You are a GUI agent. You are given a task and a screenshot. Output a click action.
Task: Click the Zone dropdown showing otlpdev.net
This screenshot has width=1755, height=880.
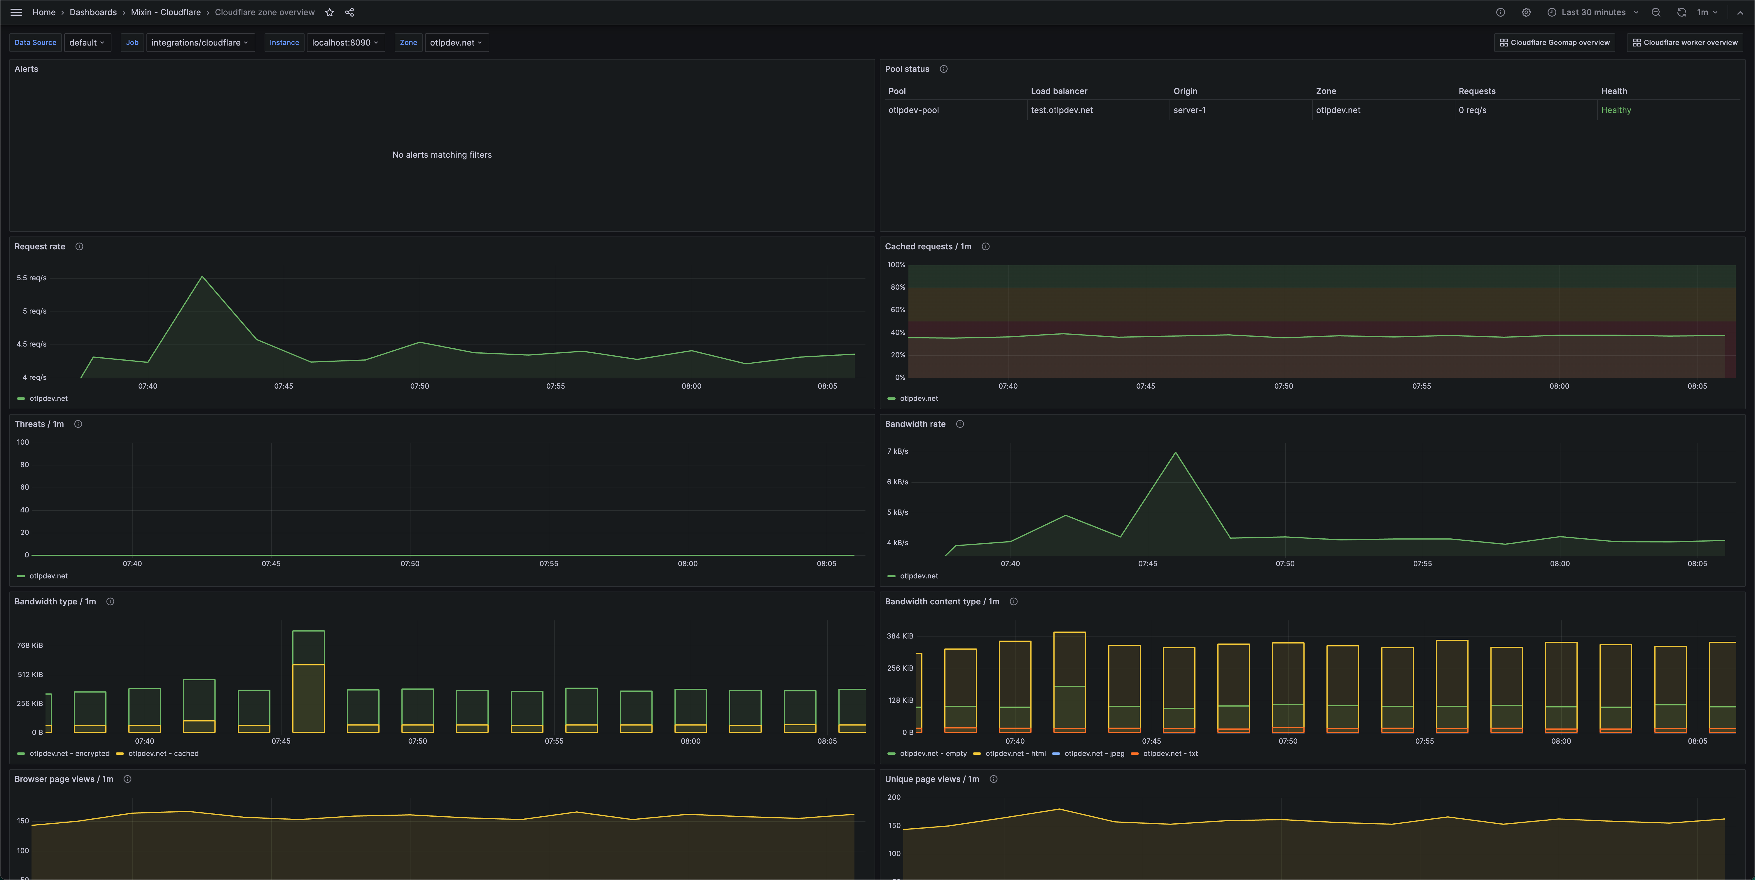[x=456, y=42]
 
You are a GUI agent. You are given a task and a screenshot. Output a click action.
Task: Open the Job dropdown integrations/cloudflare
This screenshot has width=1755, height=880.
[x=199, y=42]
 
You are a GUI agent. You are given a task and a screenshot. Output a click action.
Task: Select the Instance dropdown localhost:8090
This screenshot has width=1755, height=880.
[x=345, y=42]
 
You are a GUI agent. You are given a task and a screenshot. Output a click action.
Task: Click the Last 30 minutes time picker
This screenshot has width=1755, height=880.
[x=1593, y=12]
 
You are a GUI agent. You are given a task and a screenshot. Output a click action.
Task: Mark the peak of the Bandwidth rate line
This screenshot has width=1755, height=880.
[x=1175, y=453]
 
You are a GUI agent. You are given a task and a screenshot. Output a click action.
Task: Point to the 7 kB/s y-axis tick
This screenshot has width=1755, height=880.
[x=897, y=451]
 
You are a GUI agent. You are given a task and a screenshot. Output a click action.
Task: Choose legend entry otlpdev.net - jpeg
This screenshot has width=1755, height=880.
[x=1093, y=753]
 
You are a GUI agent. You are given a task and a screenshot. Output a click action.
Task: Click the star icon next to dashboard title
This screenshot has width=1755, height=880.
[x=330, y=12]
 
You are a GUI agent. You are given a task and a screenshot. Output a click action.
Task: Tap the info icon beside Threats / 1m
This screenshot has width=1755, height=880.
[x=78, y=424]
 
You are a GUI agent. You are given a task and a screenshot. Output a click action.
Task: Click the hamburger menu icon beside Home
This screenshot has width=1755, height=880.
[x=16, y=12]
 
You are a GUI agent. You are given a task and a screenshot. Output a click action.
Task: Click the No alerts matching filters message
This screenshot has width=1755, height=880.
[x=441, y=155]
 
